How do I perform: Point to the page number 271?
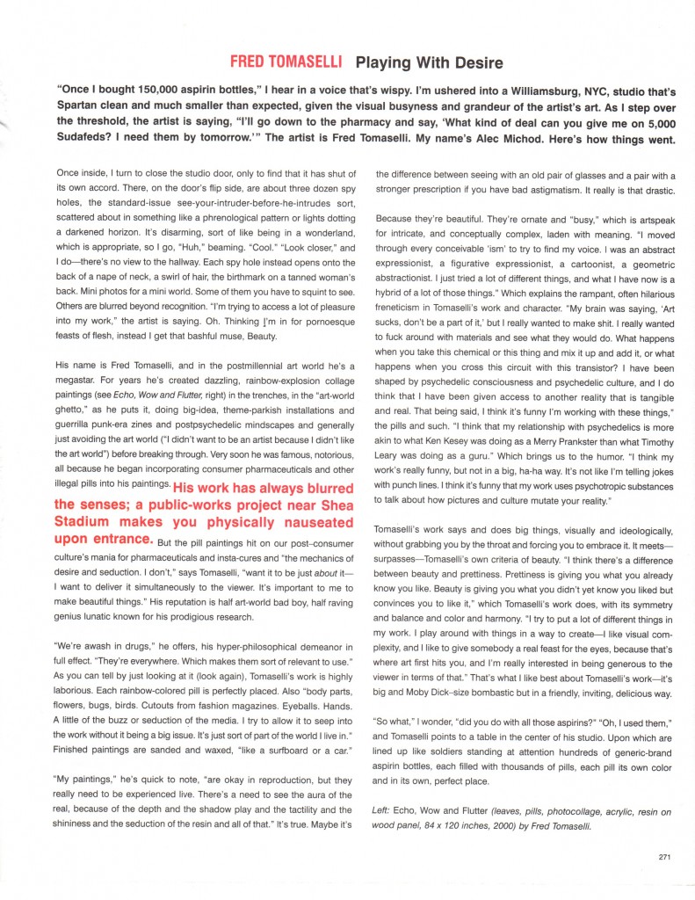click(664, 858)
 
